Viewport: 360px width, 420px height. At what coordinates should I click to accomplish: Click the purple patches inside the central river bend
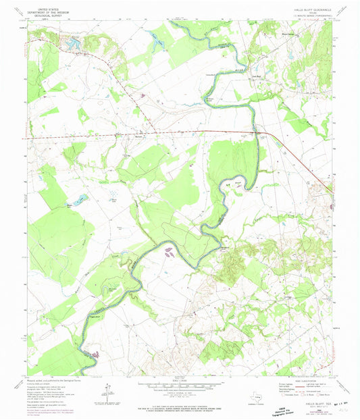click(x=168, y=253)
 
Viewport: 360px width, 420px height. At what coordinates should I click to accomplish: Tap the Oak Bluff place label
click(x=236, y=75)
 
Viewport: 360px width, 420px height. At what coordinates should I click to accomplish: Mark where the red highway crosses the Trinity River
click(x=256, y=132)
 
